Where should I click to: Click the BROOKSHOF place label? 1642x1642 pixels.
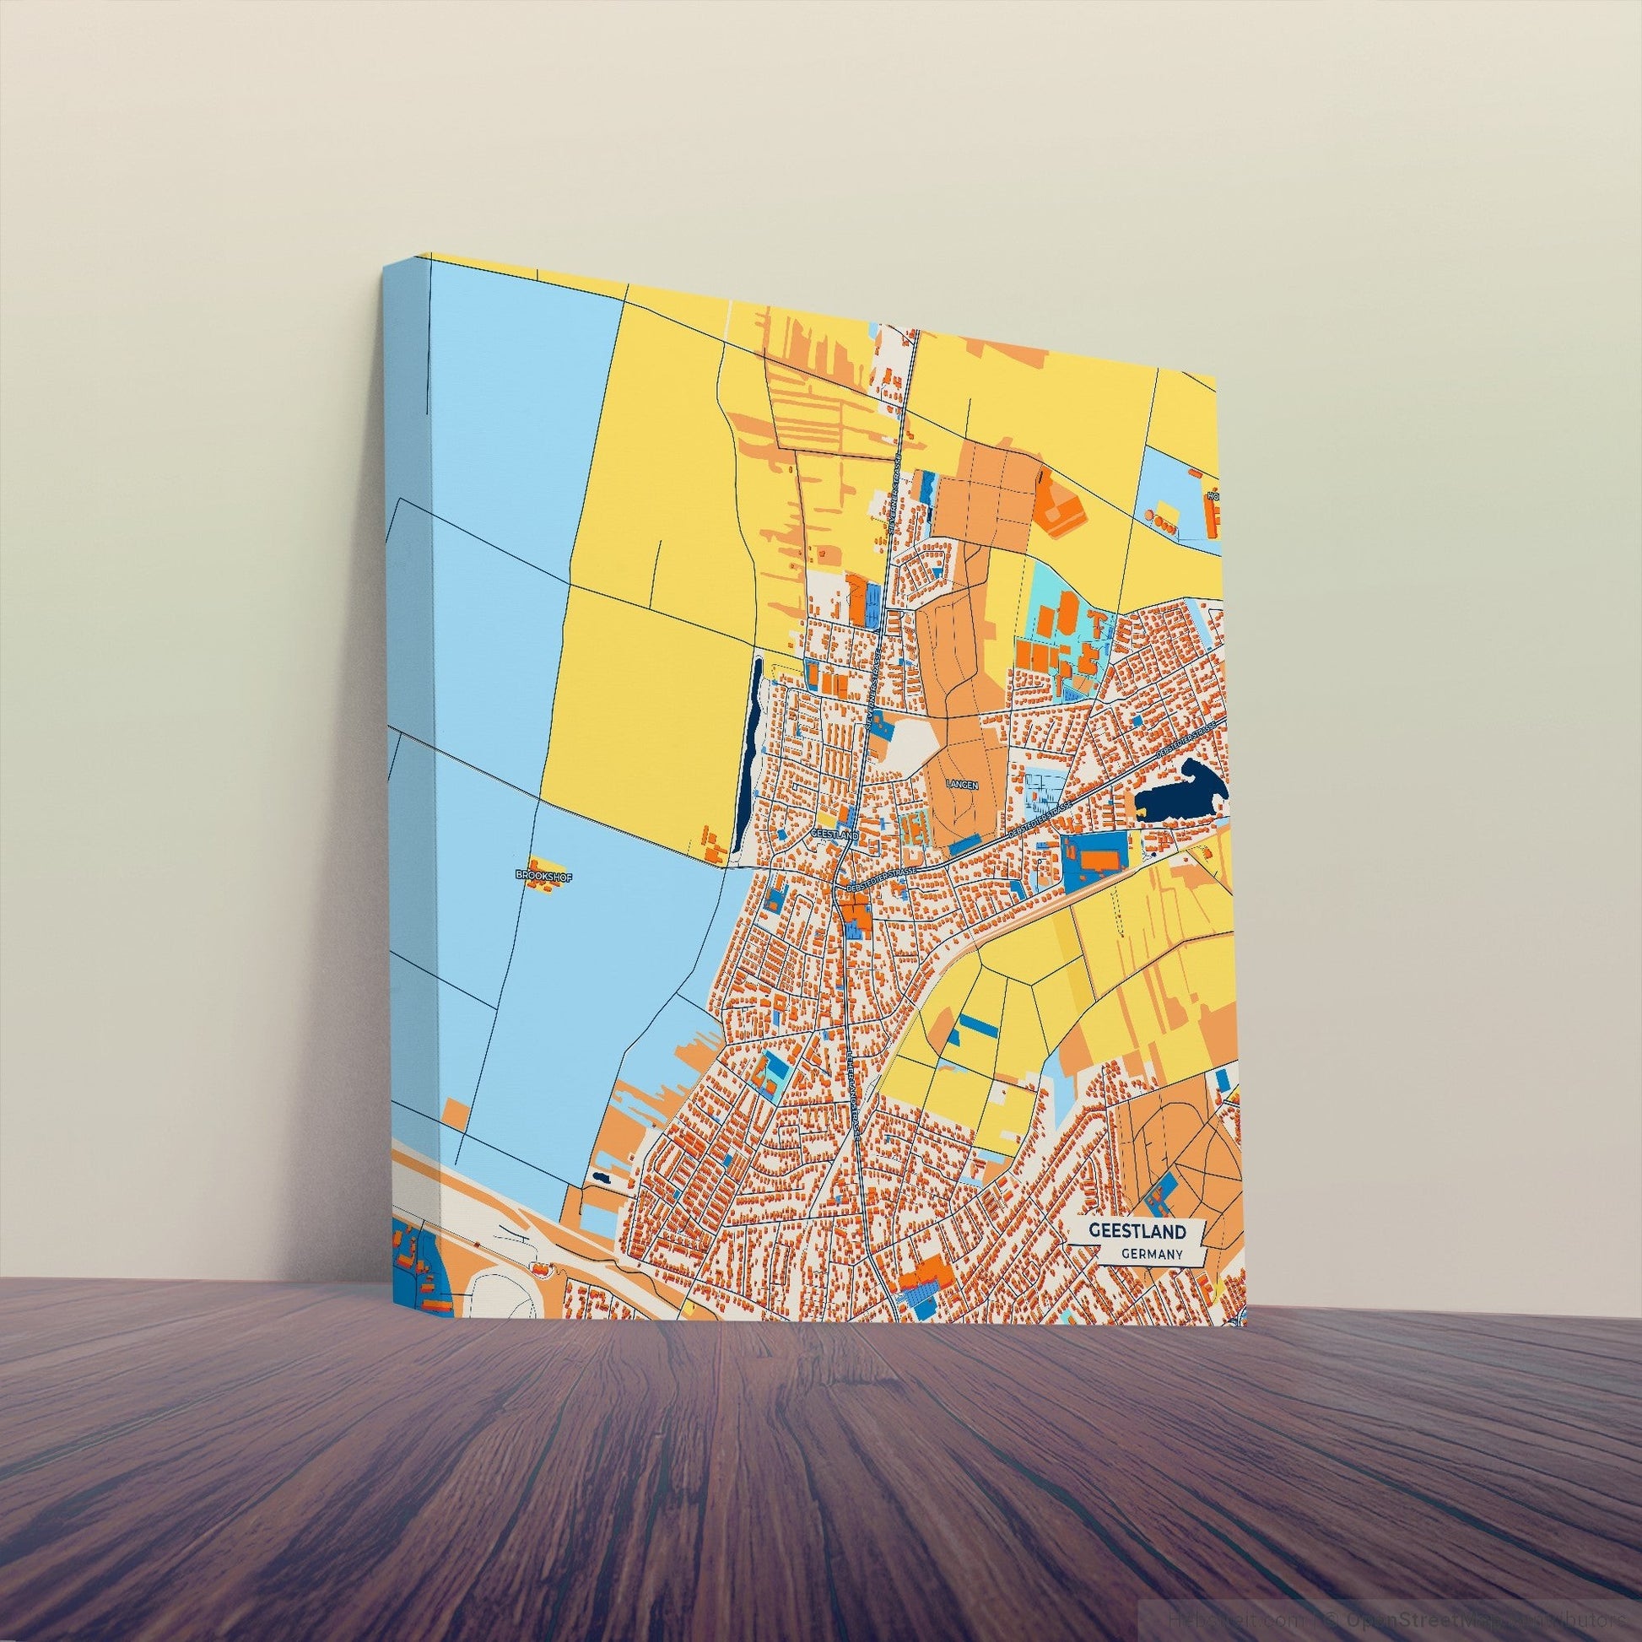(x=537, y=873)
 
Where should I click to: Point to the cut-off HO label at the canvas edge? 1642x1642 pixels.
(x=1213, y=496)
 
